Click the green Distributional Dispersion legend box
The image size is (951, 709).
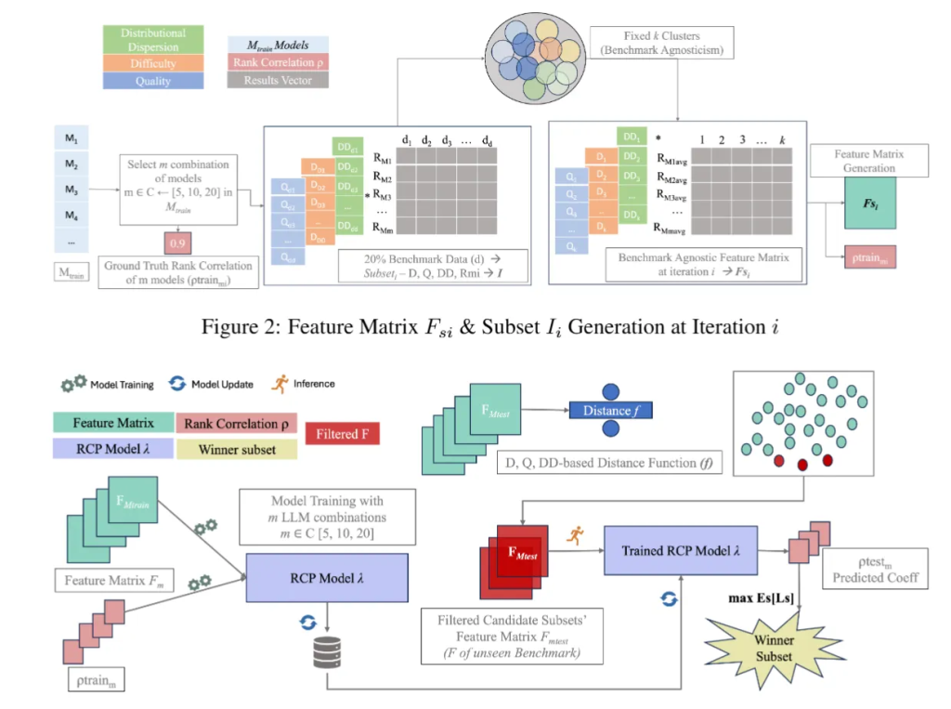click(x=154, y=39)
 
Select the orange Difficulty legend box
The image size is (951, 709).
click(x=154, y=62)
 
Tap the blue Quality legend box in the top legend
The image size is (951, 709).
click(x=154, y=81)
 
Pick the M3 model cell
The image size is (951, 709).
click(x=71, y=190)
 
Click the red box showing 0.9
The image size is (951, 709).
click(x=177, y=243)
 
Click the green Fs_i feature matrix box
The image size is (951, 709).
click(x=871, y=204)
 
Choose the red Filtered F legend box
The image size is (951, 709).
click(x=347, y=433)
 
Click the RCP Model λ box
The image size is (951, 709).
click(x=326, y=576)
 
